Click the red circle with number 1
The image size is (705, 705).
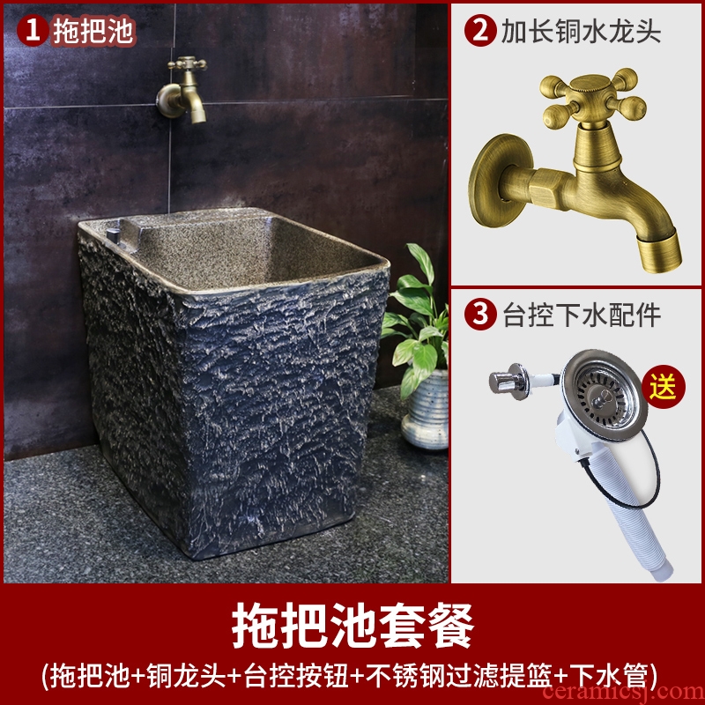coord(33,30)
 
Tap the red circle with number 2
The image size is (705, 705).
coord(479,31)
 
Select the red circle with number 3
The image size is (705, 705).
coord(480,315)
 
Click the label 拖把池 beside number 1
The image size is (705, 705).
coord(93,31)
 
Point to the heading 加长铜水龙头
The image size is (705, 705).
coord(581,31)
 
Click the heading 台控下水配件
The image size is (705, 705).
coord(582,315)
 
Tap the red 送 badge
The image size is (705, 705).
coord(664,387)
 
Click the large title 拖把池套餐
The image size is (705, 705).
coord(352,625)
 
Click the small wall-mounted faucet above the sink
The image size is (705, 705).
coord(182,90)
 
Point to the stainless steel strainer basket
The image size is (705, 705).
coord(604,395)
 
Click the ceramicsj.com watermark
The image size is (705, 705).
coord(624,693)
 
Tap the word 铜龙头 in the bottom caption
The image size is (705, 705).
coord(187,675)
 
